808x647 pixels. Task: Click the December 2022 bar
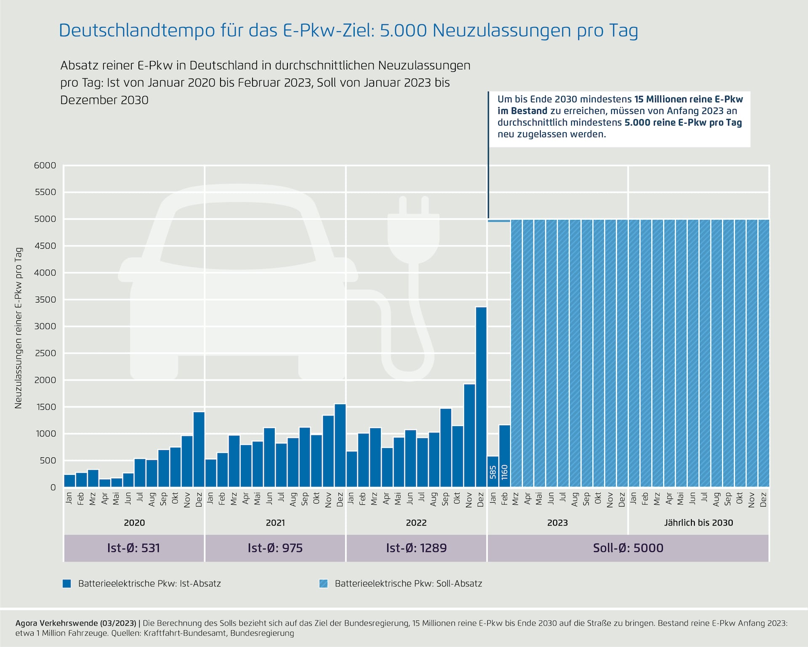click(481, 397)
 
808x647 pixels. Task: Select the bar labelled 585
click(493, 472)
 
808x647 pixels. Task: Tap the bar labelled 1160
click(505, 456)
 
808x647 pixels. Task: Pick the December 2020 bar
click(199, 449)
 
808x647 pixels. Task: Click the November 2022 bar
click(469, 435)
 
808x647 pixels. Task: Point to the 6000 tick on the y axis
click(45, 165)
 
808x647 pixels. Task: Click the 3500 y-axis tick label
click(45, 300)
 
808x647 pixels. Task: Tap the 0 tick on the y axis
click(53, 488)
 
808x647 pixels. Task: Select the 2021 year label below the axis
click(275, 522)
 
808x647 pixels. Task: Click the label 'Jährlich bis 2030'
click(699, 522)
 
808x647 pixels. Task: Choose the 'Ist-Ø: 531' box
click(134, 548)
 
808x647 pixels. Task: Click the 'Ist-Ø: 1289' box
click(416, 548)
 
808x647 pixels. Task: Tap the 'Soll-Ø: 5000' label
click(628, 548)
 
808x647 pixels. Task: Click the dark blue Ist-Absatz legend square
click(66, 583)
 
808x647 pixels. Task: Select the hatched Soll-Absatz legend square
click(323, 583)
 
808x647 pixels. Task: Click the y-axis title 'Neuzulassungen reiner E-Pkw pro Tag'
click(18, 328)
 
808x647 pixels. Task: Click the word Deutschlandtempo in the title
click(137, 31)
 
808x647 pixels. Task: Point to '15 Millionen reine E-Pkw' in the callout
click(688, 99)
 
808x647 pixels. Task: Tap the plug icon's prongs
click(414, 205)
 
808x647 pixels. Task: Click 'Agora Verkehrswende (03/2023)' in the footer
click(76, 623)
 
